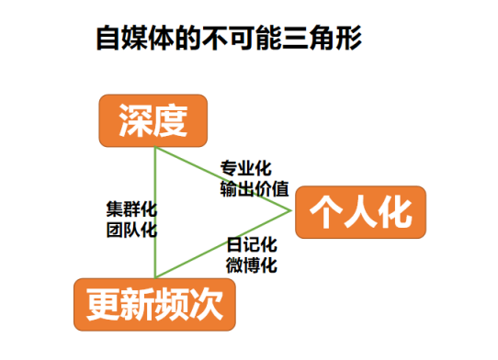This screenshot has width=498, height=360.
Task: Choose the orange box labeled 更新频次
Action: click(x=154, y=304)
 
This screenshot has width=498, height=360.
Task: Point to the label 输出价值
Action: click(x=254, y=189)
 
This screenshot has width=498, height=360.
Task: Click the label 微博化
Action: click(x=252, y=265)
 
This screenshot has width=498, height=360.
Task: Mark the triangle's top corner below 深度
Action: click(x=155, y=146)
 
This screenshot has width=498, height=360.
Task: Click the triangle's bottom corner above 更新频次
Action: click(x=155, y=276)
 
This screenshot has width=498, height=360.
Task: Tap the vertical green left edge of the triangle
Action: click(x=155, y=211)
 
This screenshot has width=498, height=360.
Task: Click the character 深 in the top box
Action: click(x=135, y=118)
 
